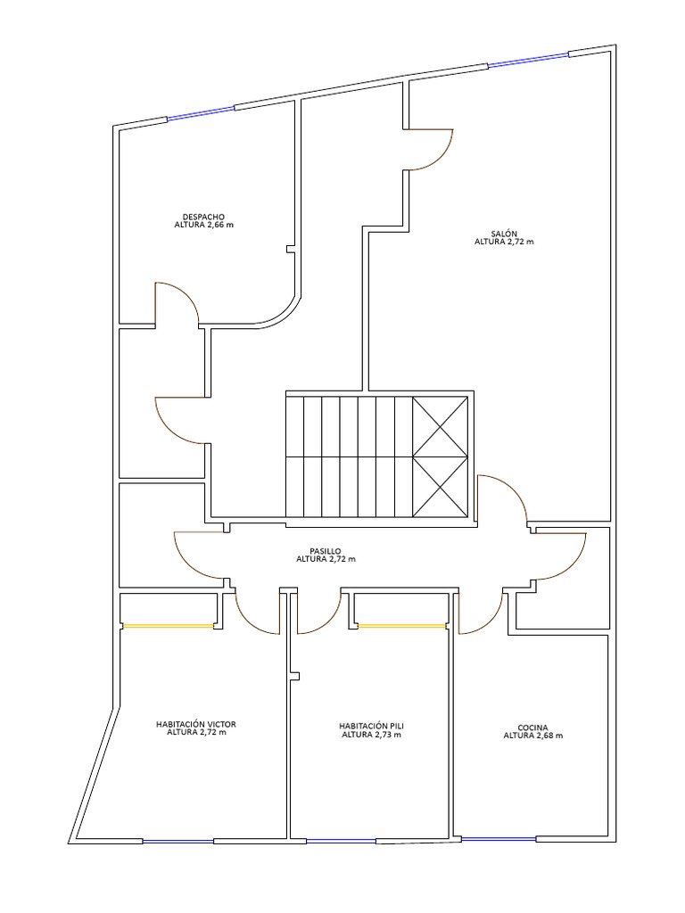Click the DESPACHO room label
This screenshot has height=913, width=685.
coord(202,216)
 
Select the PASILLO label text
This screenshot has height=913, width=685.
coord(326,551)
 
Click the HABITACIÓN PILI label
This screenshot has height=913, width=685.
coord(371,727)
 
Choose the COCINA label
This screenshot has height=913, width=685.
coord(532,728)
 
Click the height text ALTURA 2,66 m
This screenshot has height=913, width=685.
coord(203,225)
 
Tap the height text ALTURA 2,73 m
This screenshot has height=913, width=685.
coord(371,736)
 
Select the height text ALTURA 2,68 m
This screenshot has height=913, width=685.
coord(532,736)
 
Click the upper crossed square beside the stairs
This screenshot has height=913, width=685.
coord(441,425)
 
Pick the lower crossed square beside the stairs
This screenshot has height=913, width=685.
coord(441,486)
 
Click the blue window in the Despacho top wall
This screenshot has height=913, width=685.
coord(202,113)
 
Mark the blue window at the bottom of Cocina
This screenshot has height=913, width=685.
coord(499,838)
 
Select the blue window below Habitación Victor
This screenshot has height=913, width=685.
coord(178,841)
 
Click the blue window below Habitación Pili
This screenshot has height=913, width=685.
coord(341,841)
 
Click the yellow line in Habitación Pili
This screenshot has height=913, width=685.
coord(400,626)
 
